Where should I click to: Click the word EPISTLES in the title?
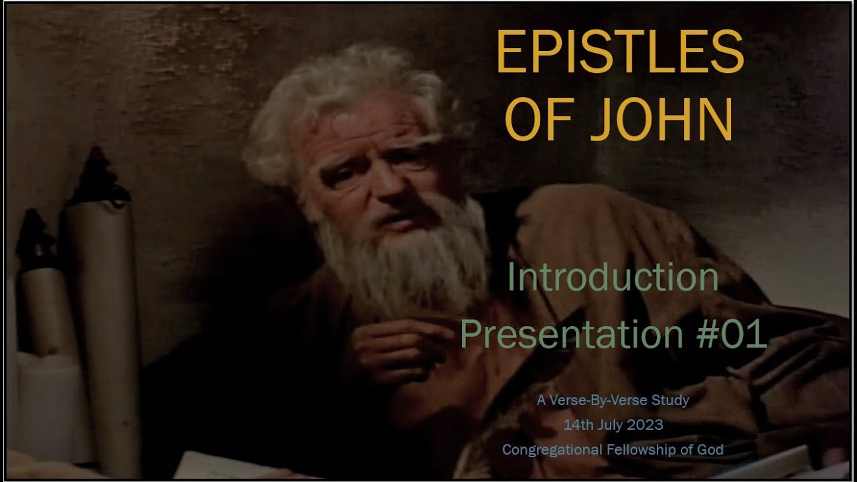(x=619, y=53)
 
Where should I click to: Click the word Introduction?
(x=613, y=277)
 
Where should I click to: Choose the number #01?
(x=732, y=333)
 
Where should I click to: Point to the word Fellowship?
(x=639, y=450)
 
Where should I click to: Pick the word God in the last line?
(x=710, y=450)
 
